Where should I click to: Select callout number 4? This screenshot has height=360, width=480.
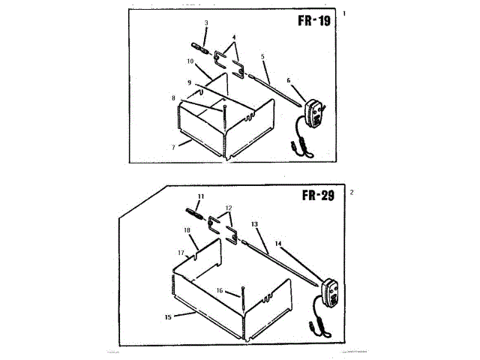234,37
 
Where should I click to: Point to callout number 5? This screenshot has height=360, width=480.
263,56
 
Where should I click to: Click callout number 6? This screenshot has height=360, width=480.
288,80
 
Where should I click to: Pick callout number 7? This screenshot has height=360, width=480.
173,147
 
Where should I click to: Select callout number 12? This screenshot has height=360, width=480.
229,208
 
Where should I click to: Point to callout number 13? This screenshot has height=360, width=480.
255,223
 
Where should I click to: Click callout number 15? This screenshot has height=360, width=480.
168,317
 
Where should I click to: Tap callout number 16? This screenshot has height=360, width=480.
220,291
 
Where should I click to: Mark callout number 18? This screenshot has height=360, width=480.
187,230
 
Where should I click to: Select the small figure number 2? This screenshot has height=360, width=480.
352,192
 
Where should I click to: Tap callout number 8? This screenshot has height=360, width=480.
173,97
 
